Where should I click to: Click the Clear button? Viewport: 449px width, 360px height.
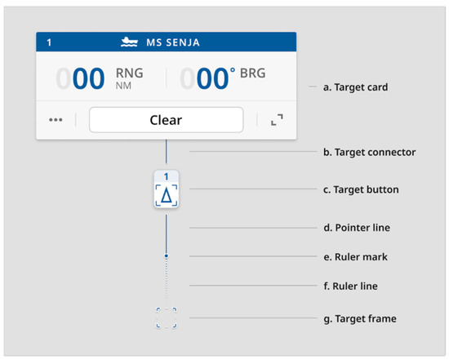point(166,120)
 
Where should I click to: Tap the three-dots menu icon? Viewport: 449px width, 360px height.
point(56,120)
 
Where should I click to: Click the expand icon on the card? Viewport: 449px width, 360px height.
point(277,120)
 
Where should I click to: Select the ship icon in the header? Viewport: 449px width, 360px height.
point(128,42)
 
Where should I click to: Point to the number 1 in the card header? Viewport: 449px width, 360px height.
point(50,42)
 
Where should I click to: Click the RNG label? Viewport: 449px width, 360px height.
point(130,73)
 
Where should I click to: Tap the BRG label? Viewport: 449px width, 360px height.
point(253,73)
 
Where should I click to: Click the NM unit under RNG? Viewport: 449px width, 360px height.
point(123,85)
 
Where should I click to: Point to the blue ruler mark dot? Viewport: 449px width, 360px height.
point(167,256)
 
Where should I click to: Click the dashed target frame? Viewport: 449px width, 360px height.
point(167,318)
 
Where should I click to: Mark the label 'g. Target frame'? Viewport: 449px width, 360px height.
point(359,318)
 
